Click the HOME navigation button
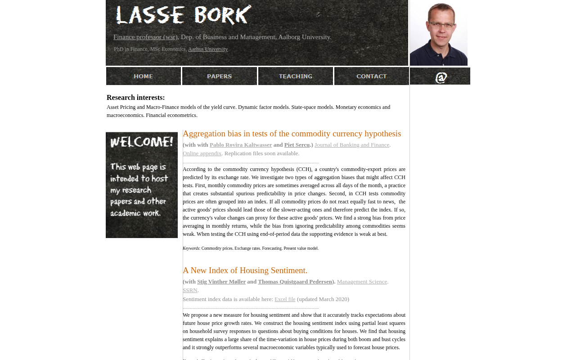[x=144, y=76]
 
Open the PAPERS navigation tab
[x=220, y=76]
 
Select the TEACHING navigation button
[x=296, y=76]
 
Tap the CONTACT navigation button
[x=372, y=76]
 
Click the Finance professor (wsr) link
[x=145, y=37]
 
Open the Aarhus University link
[x=208, y=49]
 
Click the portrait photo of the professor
[x=439, y=33]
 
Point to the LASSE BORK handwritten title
[x=184, y=15]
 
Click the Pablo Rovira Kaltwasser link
[x=241, y=145]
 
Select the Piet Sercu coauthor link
[x=297, y=145]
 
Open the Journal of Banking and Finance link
[x=352, y=145]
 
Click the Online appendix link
[x=202, y=153]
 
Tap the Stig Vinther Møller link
[x=221, y=282]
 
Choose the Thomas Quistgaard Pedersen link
[x=295, y=282]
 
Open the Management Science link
[x=362, y=282]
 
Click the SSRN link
[x=190, y=290]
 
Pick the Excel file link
[x=285, y=299]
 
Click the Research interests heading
[x=136, y=98]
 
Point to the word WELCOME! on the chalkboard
[x=142, y=142]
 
